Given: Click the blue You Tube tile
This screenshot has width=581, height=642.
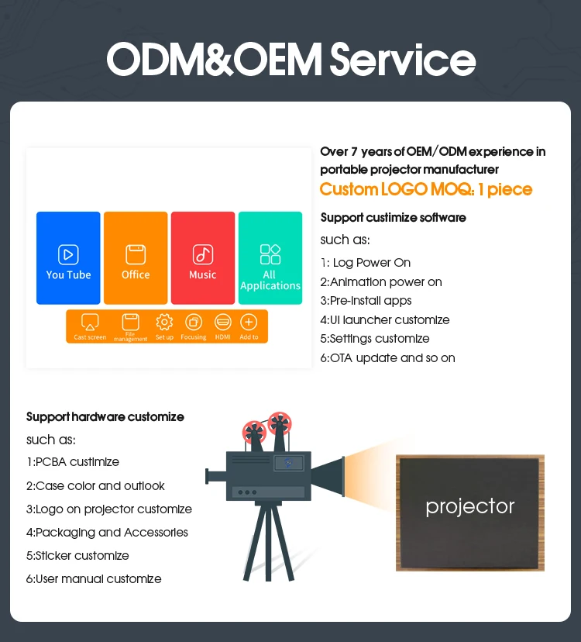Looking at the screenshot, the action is coord(68,257).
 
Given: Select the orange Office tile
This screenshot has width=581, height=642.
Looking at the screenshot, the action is coord(136,257).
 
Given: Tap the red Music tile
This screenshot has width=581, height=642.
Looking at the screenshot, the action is coord(203,257).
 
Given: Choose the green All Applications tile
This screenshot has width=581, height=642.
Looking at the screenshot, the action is coord(270,257).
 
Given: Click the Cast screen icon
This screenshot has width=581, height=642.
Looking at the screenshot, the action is coord(90,322).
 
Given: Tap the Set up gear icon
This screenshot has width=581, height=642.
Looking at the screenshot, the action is coord(164,322).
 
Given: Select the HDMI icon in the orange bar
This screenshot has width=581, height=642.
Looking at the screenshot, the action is coord(223,322).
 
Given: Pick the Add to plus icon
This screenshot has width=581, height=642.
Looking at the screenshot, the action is coord(249,322).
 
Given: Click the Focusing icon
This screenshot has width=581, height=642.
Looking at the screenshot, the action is coord(194,322).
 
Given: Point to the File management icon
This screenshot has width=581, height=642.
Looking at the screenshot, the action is coord(130,322).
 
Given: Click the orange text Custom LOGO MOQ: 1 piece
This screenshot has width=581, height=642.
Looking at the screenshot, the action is coord(426,190).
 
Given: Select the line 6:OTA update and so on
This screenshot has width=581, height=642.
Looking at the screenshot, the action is coord(387,357).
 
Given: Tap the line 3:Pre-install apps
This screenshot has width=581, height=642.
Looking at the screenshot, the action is coord(366,301).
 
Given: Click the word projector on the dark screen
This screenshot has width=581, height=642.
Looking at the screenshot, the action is coord(469,506).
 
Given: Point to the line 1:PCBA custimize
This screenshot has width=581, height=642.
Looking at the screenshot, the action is coord(73,462).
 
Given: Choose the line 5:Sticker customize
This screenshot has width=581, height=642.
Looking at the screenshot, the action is coord(77,556).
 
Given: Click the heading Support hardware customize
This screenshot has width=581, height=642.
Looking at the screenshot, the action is coord(105,417).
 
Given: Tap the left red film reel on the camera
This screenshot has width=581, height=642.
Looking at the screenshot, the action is coord(253,430).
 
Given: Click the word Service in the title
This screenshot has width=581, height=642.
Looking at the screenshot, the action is coord(402,60).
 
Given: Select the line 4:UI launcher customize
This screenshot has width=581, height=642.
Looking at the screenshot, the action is coord(384,319).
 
